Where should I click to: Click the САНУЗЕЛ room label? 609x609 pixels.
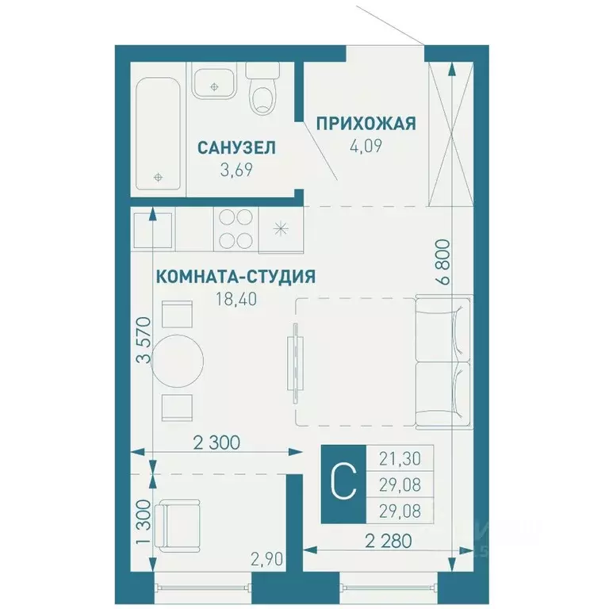pyautogui.click(x=237, y=147)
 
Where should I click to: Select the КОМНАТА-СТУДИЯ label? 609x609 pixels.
pyautogui.click(x=236, y=277)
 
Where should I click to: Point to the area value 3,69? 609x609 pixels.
pyautogui.click(x=237, y=169)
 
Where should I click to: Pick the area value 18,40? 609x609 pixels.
pyautogui.click(x=232, y=299)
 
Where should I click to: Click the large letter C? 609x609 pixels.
pyautogui.click(x=343, y=482)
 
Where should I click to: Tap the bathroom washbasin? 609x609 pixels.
pyautogui.click(x=213, y=82)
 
